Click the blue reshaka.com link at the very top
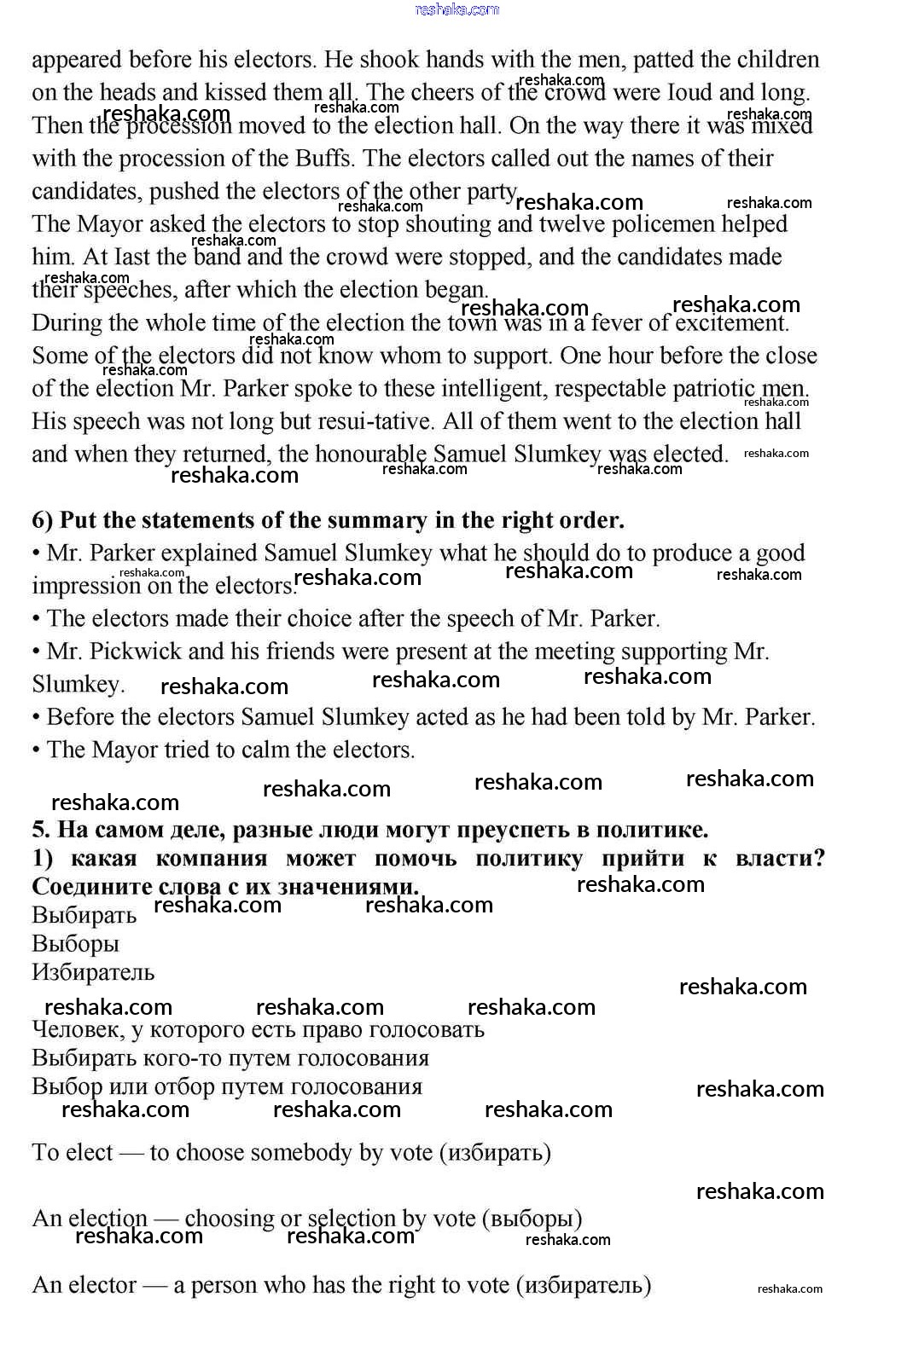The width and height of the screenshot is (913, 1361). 456,9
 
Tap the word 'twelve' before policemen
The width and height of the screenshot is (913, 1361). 593,224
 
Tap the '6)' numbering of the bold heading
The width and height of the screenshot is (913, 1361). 43,520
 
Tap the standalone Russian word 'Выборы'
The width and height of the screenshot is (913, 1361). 75,944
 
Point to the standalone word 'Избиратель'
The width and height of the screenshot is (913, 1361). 93,972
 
